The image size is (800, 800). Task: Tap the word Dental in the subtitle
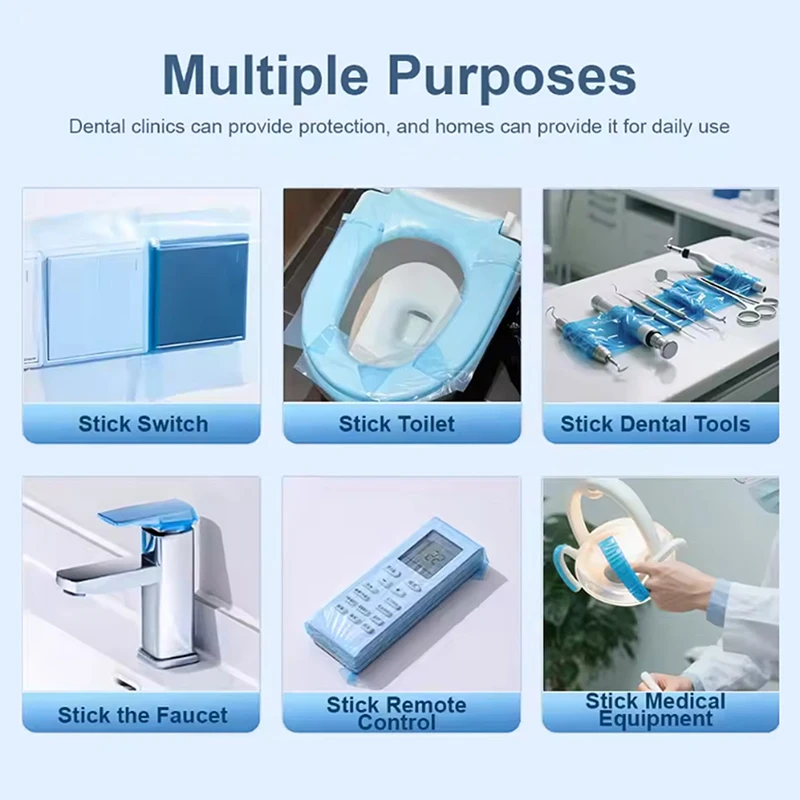pos(97,126)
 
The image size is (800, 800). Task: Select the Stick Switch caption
pos(143,424)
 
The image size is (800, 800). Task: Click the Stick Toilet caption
pos(396,424)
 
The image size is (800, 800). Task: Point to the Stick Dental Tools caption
pos(655,424)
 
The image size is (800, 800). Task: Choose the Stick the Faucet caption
pos(142,715)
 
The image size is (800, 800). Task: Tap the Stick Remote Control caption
pos(396,713)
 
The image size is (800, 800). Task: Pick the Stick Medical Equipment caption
pos(655,709)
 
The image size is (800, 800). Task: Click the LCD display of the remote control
pos(424,553)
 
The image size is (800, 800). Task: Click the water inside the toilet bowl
pos(413,329)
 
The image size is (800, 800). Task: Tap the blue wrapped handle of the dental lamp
pos(622,565)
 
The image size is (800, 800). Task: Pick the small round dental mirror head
pos(661,276)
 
